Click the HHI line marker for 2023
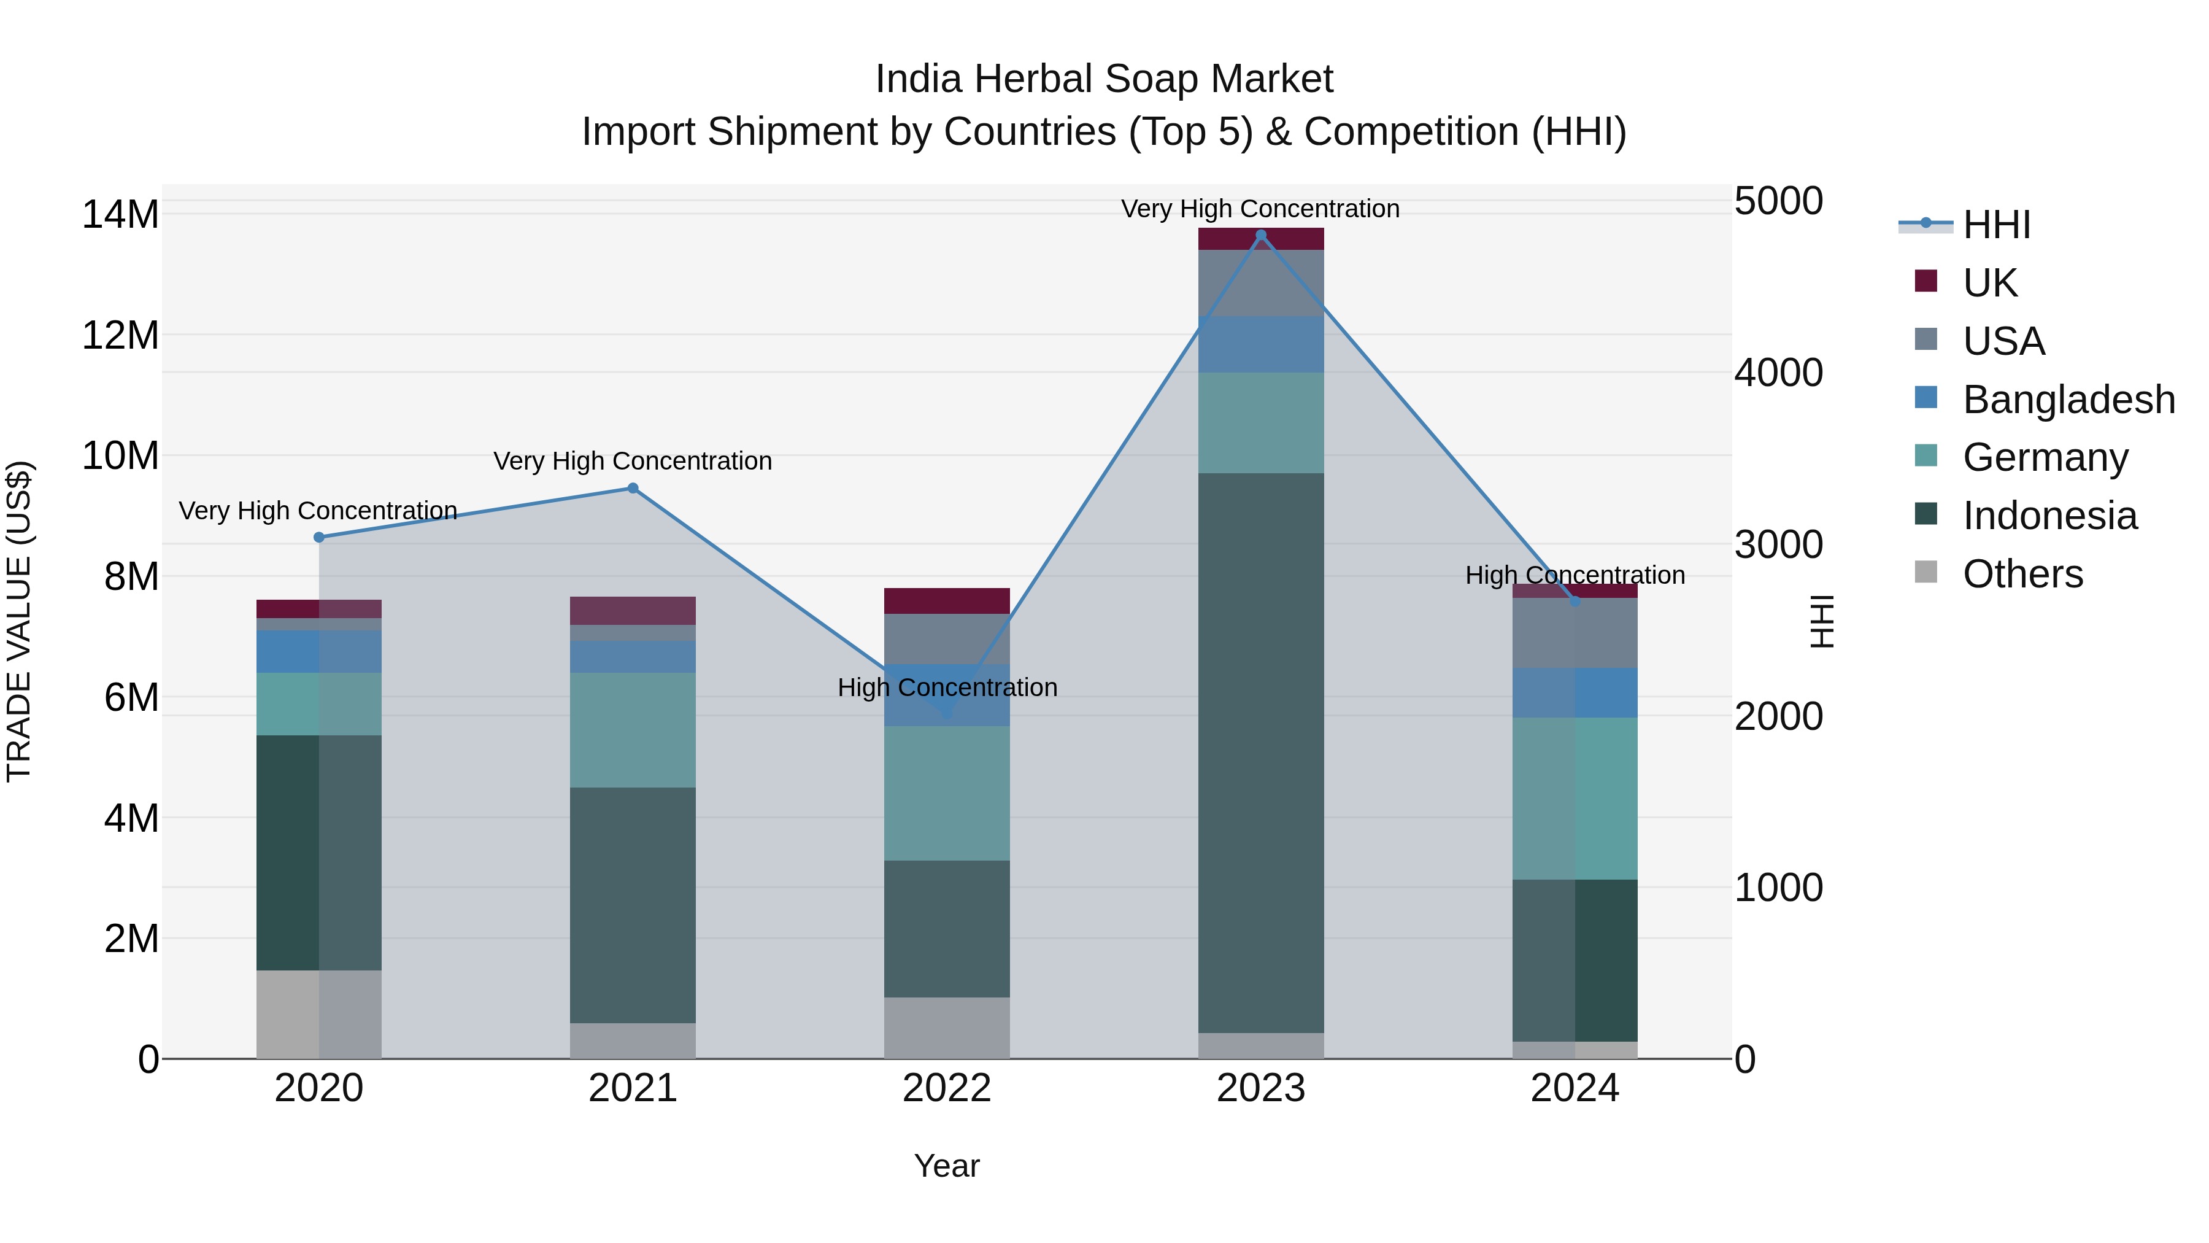pyautogui.click(x=1260, y=235)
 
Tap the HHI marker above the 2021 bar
pyautogui.click(x=633, y=488)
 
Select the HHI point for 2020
pyautogui.click(x=319, y=537)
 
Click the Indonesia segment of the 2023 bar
pyautogui.click(x=1260, y=753)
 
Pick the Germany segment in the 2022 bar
pyautogui.click(x=947, y=794)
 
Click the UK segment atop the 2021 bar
pyautogui.click(x=633, y=610)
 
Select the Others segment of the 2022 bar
pyautogui.click(x=947, y=1027)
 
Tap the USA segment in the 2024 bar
pyautogui.click(x=1575, y=633)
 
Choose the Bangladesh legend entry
pyautogui.click(x=2067, y=400)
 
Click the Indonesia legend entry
pyautogui.click(x=2049, y=516)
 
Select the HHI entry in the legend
pyautogui.click(x=1995, y=225)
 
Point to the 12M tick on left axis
pyautogui.click(x=120, y=335)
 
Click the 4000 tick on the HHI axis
pyautogui.click(x=1778, y=373)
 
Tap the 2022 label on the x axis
pyautogui.click(x=947, y=1088)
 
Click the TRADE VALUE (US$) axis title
pyautogui.click(x=20, y=621)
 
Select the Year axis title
pyautogui.click(x=947, y=1166)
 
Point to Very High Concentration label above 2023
pyautogui.click(x=1260, y=209)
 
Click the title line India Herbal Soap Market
pyautogui.click(x=1104, y=79)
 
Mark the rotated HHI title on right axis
pyautogui.click(x=1821, y=621)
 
